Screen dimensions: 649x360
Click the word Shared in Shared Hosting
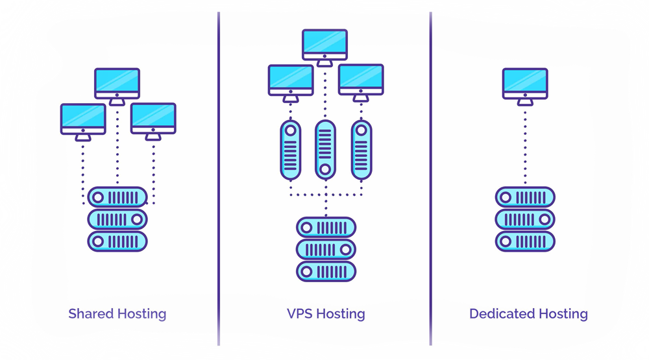click(x=91, y=314)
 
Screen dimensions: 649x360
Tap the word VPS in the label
click(x=300, y=314)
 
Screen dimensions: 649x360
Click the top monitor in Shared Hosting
click(x=117, y=86)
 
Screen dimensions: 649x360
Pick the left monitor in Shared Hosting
click(x=83, y=122)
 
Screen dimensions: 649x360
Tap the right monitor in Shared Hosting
click(x=153, y=122)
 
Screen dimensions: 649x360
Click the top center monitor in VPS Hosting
click(x=324, y=47)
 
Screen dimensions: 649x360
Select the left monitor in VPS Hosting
click(x=291, y=83)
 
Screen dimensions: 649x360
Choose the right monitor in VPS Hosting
click(x=361, y=83)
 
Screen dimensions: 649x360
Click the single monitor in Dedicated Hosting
click(x=525, y=86)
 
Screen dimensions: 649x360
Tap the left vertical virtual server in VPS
click(x=291, y=150)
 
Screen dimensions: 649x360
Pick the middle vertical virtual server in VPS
click(x=325, y=150)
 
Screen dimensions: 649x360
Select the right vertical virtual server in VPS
click(x=361, y=150)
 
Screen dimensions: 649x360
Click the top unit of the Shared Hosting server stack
click(x=117, y=197)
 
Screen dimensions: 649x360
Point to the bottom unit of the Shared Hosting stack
click(x=117, y=241)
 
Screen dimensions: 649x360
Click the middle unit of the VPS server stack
click(x=326, y=250)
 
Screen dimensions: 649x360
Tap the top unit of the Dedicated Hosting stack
click(x=525, y=197)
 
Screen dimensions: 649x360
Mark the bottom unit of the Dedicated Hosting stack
click(x=525, y=241)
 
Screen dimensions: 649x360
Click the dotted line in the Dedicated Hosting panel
click(x=525, y=146)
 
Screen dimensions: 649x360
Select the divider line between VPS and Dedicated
click(x=430, y=178)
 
